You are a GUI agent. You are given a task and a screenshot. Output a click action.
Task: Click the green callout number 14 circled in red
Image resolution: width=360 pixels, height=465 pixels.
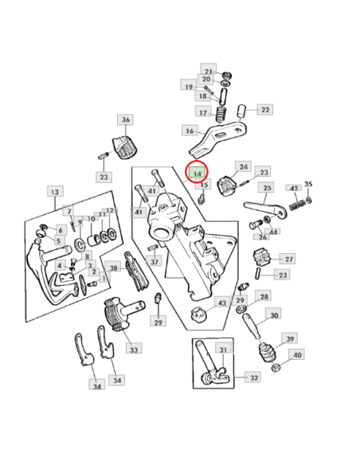(196, 172)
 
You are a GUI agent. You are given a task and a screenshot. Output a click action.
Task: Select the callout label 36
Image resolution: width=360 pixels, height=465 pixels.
(125, 120)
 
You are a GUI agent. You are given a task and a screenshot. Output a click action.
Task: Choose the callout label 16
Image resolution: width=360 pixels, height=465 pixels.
(190, 131)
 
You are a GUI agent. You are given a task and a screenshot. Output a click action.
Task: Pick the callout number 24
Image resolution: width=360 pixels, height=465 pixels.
(242, 166)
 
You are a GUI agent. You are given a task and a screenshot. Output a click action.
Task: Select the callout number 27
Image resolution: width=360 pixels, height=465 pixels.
(288, 259)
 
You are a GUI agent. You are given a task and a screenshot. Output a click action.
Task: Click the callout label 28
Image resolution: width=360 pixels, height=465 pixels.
(264, 295)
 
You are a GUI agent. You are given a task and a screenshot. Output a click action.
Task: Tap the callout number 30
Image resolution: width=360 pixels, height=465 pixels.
(274, 315)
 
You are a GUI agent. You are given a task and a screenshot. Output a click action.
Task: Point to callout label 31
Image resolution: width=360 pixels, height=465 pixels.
(222, 349)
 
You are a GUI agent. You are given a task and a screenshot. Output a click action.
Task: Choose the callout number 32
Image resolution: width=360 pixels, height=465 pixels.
(254, 377)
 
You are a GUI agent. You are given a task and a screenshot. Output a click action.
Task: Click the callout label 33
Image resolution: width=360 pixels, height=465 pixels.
(132, 349)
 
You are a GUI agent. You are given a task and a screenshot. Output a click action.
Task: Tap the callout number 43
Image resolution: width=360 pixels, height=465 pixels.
(221, 303)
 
